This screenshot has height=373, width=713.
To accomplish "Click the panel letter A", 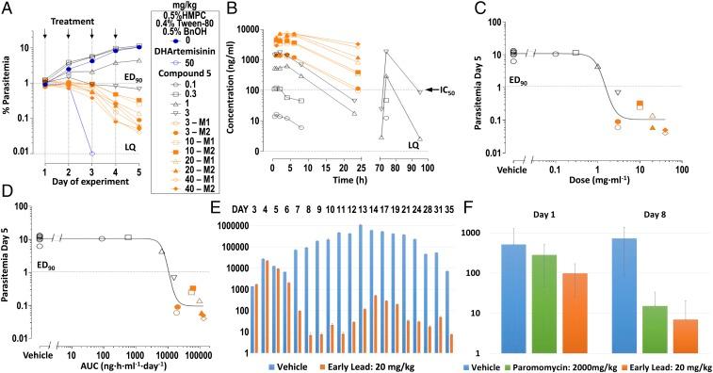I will [x=8, y=8].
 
